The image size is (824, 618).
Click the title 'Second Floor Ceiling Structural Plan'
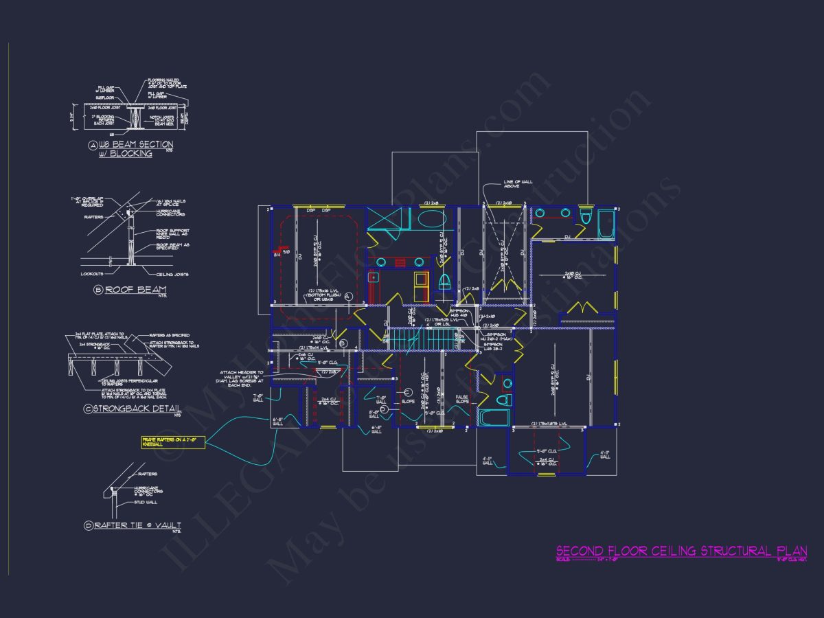680,551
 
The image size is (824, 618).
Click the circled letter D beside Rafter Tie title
89,526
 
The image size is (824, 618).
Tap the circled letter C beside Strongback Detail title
88,409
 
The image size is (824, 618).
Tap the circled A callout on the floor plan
348,296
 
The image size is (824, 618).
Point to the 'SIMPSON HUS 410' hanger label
459,313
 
